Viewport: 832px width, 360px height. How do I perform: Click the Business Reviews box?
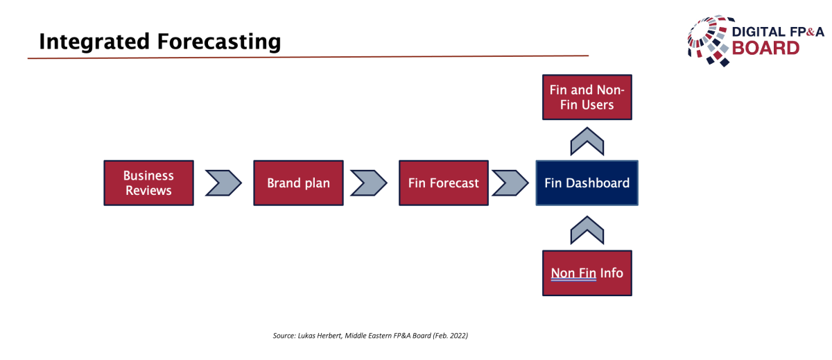[x=148, y=183]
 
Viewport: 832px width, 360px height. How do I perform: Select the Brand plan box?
[x=298, y=183]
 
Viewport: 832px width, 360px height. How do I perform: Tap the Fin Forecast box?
[x=444, y=183]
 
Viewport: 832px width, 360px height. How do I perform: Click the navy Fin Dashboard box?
[x=587, y=183]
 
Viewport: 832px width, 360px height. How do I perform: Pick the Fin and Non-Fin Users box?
[x=587, y=97]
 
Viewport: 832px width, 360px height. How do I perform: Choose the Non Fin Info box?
[x=587, y=273]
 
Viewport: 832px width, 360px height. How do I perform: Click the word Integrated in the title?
[x=94, y=42]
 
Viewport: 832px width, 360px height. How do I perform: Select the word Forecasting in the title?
[x=219, y=42]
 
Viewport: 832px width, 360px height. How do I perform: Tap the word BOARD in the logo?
[x=765, y=49]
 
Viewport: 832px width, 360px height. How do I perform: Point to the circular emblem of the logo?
[x=709, y=41]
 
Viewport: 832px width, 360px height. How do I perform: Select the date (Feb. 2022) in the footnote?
[x=450, y=336]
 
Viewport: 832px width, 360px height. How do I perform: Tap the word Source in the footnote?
[x=284, y=336]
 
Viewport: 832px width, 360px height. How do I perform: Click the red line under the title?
[x=308, y=57]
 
